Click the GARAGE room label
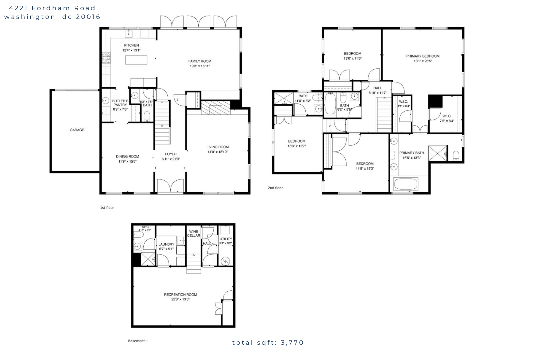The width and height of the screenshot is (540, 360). pyautogui.click(x=77, y=130)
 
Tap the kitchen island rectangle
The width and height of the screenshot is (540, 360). pyautogui.click(x=136, y=60)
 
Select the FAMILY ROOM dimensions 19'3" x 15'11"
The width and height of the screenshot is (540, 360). pyautogui.click(x=199, y=66)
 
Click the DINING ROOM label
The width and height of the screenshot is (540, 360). pyautogui.click(x=127, y=156)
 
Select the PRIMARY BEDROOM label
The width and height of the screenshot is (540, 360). pyautogui.click(x=423, y=56)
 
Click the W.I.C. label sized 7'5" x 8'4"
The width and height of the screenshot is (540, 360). pyautogui.click(x=447, y=116)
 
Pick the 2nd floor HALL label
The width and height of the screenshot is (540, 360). pyautogui.click(x=377, y=88)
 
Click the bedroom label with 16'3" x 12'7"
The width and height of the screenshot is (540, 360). pyautogui.click(x=297, y=141)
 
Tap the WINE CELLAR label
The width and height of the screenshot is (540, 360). pyautogui.click(x=193, y=233)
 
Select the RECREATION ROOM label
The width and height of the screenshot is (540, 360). pyautogui.click(x=180, y=295)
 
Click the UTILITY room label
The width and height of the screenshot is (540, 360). pyautogui.click(x=226, y=239)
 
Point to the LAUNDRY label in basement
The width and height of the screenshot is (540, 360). pyautogui.click(x=166, y=244)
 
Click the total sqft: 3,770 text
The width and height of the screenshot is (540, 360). pyautogui.click(x=268, y=343)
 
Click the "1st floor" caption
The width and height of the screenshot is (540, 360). pyautogui.click(x=107, y=208)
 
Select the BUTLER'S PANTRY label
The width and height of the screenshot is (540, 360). pyautogui.click(x=120, y=103)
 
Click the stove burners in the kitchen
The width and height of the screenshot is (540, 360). pyautogui.click(x=106, y=58)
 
